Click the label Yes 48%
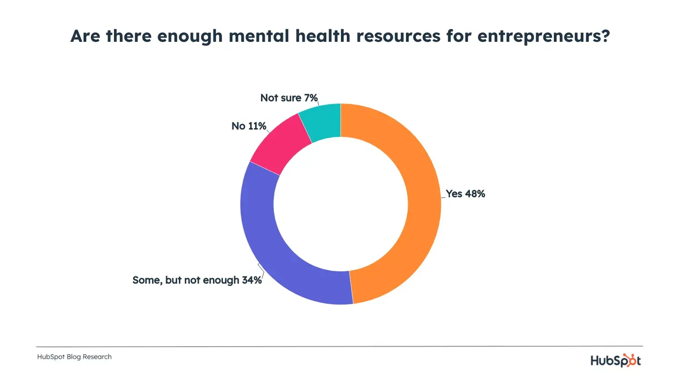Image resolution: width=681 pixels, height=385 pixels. pyautogui.click(x=465, y=194)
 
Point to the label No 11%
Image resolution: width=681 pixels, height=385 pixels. pyautogui.click(x=249, y=126)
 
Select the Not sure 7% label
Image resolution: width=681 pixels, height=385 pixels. pyautogui.click(x=289, y=98)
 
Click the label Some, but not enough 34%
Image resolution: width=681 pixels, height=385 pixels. pyautogui.click(x=197, y=280)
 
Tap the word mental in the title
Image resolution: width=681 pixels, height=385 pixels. pyautogui.click(x=259, y=36)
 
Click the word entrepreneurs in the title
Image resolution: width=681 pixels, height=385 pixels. pyautogui.click(x=538, y=36)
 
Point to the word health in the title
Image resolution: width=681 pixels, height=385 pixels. pyautogui.click(x=323, y=36)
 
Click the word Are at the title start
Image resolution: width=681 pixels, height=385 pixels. pyautogui.click(x=86, y=36)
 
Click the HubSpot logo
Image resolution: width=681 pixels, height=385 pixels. pyautogui.click(x=616, y=360)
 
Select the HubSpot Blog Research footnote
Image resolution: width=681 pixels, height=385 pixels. pyautogui.click(x=74, y=357)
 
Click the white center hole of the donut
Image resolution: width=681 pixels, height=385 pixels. pyautogui.click(x=340, y=204)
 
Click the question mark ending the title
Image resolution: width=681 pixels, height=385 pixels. pyautogui.click(x=605, y=36)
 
